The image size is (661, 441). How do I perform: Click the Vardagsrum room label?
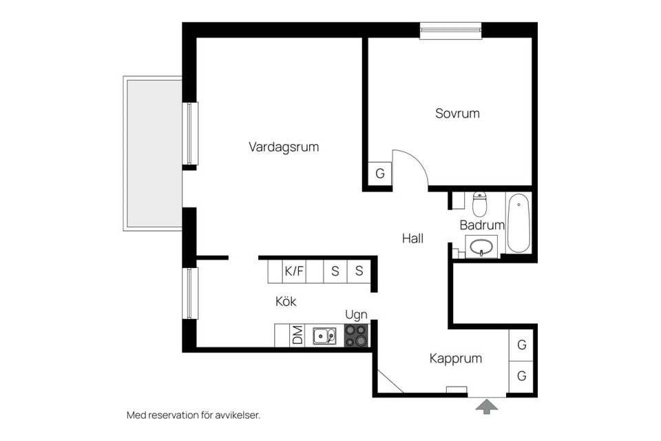tap(284, 147)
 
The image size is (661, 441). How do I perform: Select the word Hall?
tap(412, 239)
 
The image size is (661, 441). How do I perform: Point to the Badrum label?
tap(482, 225)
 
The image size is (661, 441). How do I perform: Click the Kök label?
tap(286, 301)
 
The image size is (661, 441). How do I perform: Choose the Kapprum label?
tap(455, 358)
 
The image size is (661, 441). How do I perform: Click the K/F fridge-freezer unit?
tap(294, 271)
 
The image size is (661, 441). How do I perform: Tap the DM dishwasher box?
tap(297, 336)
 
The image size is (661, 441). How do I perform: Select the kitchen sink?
tap(324, 336)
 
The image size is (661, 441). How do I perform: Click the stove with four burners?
tap(357, 336)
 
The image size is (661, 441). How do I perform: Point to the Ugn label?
tap(356, 315)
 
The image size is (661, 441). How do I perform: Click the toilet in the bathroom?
tap(480, 204)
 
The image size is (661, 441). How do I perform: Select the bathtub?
tap(518, 223)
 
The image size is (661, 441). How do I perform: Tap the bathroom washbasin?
tap(481, 246)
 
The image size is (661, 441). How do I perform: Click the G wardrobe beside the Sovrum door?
tap(379, 174)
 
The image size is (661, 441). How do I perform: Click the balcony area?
tap(153, 153)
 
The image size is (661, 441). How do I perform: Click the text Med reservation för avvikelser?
tap(193, 415)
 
